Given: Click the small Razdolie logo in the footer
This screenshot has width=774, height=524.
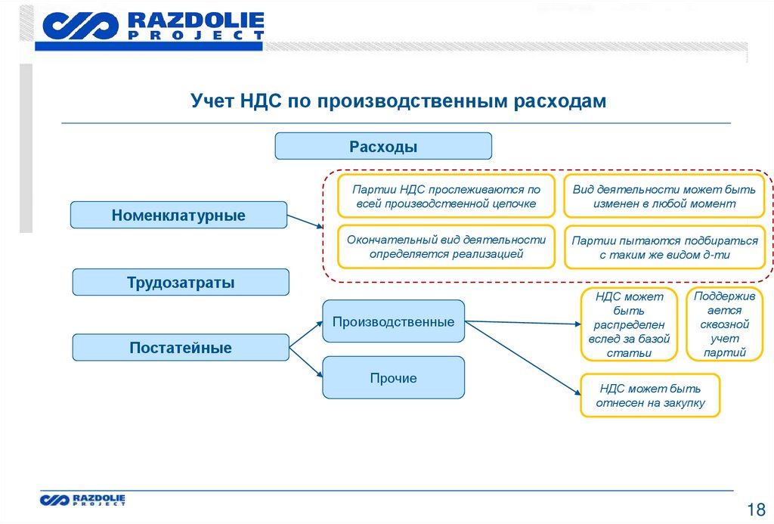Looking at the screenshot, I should pos(83,499).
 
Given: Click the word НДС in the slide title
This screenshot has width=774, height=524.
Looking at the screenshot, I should pos(262,101).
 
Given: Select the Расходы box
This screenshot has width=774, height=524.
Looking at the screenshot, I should pos(383,146).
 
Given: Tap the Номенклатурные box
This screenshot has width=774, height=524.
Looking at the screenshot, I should pos(178,215).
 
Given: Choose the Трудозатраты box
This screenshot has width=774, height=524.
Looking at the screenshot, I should pos(181,282).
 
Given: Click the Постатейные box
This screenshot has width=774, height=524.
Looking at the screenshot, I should pos(181,348).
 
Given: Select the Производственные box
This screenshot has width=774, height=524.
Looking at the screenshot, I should pos(393,321).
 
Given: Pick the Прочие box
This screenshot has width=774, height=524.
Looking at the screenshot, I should pos(393,377).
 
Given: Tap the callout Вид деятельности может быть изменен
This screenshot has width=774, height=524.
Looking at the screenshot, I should pos(664,197).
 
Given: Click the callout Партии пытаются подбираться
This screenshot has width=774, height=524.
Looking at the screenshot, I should pos(664,247).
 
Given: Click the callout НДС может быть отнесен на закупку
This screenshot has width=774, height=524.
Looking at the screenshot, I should pos(650,395).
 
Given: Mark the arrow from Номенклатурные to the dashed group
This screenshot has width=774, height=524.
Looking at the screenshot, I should pos(305,222).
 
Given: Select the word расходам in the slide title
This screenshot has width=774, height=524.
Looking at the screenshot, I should pos(559,101).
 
